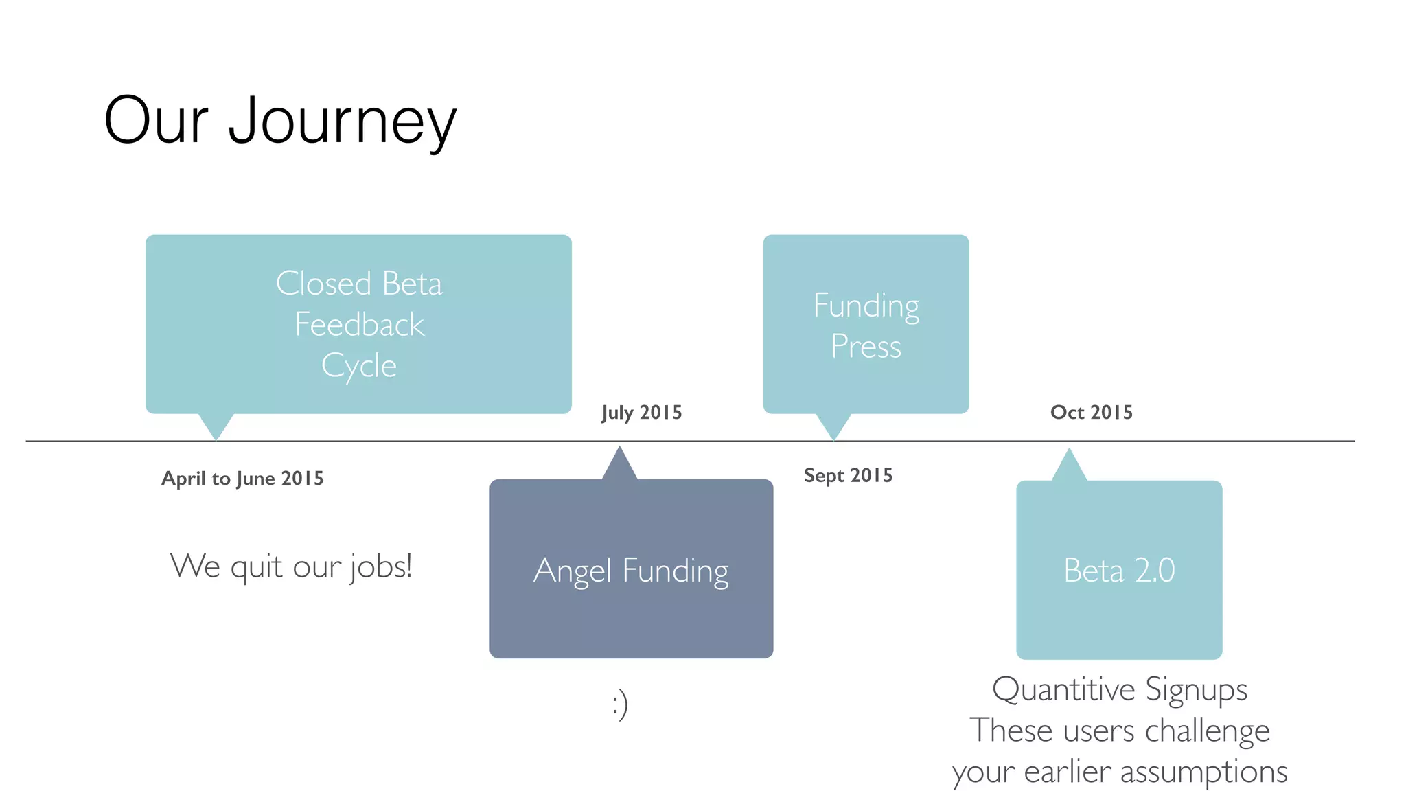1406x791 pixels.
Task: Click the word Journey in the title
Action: tap(342, 122)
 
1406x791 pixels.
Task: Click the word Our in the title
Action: tap(156, 122)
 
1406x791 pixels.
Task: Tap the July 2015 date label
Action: tap(641, 413)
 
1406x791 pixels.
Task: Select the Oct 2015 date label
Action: tap(1091, 412)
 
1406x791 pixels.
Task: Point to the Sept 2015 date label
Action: tap(848, 475)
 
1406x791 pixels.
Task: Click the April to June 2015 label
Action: tap(242, 478)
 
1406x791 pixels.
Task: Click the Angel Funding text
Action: tap(631, 571)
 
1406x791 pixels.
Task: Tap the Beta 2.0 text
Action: tap(1119, 570)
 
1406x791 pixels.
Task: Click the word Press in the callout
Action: tap(866, 346)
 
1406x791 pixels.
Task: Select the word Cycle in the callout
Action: tap(358, 366)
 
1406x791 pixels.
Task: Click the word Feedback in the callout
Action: tap(359, 325)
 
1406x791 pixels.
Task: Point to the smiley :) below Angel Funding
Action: tap(620, 704)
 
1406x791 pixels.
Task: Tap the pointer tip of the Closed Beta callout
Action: tap(216, 437)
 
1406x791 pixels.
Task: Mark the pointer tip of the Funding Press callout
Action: tap(833, 437)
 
